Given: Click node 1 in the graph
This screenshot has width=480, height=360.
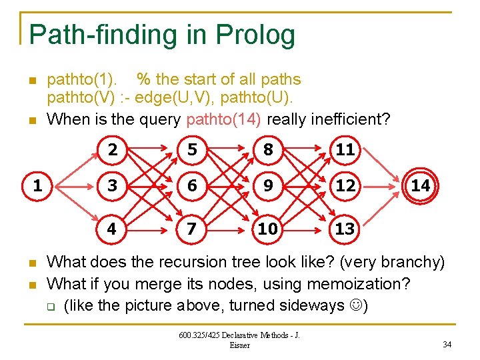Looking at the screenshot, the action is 37,186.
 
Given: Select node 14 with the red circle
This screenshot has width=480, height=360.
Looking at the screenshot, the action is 420,186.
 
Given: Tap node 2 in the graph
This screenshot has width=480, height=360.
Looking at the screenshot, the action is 113,150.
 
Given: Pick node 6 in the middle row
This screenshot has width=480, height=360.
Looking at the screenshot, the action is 192,186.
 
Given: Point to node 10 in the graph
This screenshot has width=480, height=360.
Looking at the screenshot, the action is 268,229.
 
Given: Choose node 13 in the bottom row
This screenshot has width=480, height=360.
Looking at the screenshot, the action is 345,229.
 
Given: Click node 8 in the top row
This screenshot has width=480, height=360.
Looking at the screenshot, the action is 268,150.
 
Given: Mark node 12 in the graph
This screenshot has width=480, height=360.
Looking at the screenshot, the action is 345,186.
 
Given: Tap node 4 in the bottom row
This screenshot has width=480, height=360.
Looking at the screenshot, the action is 112,229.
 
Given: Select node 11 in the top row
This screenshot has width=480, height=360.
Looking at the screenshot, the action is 345,150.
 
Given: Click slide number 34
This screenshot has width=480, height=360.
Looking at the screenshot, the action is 447,344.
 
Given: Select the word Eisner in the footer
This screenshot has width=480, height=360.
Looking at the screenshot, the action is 239,345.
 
